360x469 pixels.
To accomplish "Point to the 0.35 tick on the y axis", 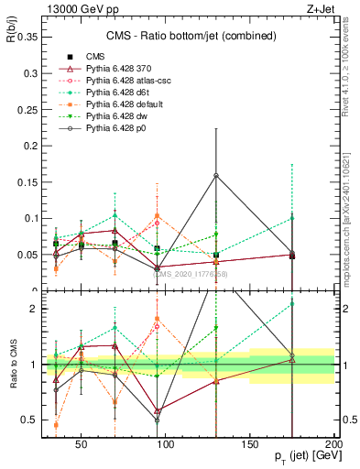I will click(26, 38).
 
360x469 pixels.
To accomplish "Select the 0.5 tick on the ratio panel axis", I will click(29, 420).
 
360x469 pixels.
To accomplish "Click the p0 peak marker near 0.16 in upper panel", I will click(215, 175).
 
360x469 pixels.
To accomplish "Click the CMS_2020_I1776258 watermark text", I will click(190, 274).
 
